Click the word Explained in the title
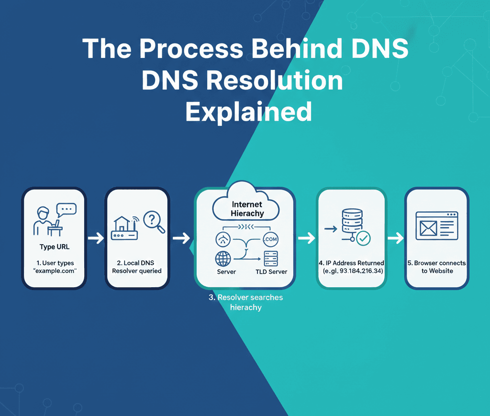[x=248, y=111]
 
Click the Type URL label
[x=54, y=247]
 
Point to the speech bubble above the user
[x=66, y=210]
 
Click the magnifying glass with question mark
[x=154, y=221]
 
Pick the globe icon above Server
[x=223, y=259]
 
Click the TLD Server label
[x=271, y=271]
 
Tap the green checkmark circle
[x=363, y=237]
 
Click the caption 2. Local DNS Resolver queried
[x=137, y=267]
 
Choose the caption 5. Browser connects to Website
[x=436, y=267]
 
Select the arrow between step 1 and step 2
[x=96, y=238]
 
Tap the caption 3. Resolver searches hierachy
[x=245, y=302]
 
